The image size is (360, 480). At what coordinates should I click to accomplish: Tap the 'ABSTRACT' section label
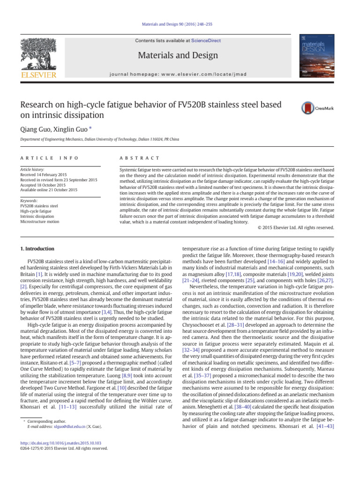(x=140, y=158)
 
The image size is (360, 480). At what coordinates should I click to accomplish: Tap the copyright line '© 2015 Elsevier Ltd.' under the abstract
(x=296, y=228)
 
